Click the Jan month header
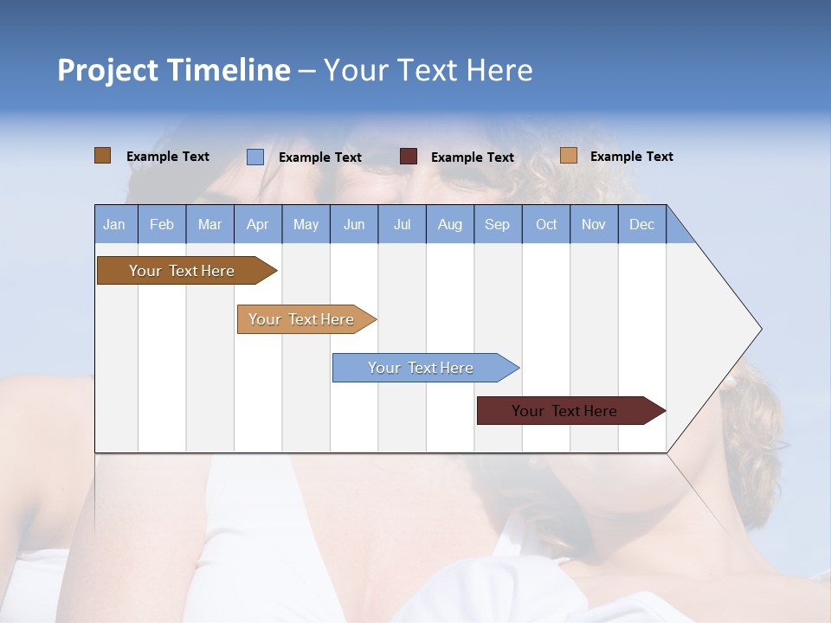tap(115, 224)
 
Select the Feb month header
tap(162, 224)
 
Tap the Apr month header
tap(258, 224)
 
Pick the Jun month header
tap(354, 224)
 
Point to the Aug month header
tap(450, 224)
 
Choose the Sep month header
tap(498, 224)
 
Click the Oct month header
tap(546, 224)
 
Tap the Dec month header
tap(642, 224)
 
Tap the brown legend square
tap(103, 156)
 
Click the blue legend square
tap(255, 157)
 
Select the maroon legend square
tap(409, 157)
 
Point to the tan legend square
tap(568, 156)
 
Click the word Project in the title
tap(107, 70)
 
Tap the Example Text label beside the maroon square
tap(473, 157)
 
